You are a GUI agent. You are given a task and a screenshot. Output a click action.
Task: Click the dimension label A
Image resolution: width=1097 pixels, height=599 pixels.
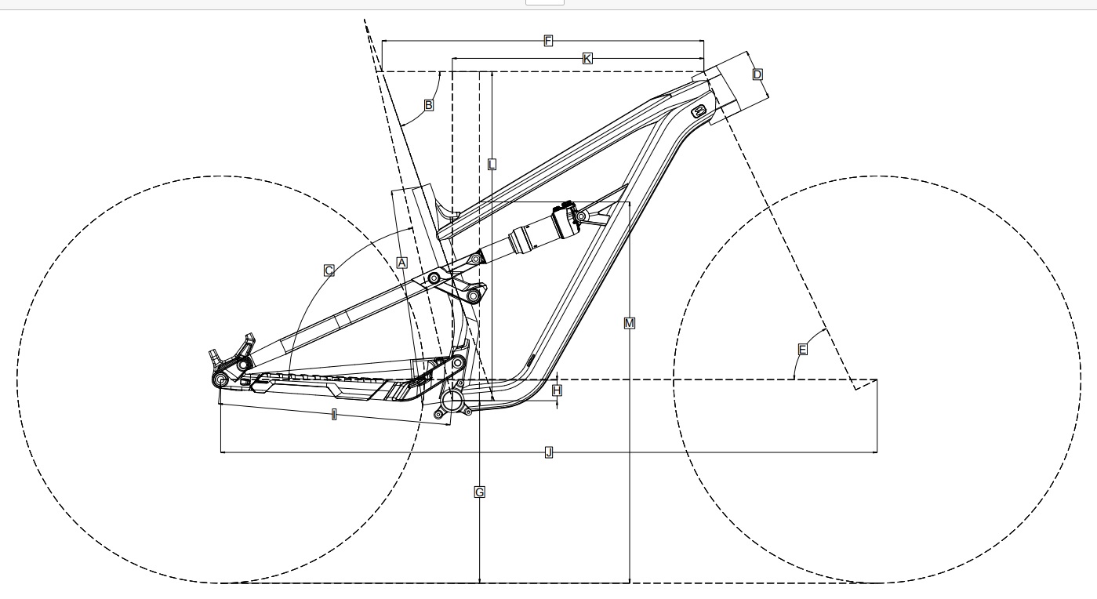[x=401, y=263]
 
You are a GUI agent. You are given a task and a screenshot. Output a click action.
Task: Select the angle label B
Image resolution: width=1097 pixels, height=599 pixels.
[x=429, y=104]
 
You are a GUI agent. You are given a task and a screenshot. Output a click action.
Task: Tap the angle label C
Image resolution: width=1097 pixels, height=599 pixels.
[x=329, y=270]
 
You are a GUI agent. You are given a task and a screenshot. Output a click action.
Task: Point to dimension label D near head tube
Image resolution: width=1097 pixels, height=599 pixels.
[x=757, y=74]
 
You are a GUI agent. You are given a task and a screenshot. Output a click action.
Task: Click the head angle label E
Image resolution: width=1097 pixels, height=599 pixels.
[x=802, y=350]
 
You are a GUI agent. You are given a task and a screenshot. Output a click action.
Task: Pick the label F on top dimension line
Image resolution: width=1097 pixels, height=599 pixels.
[x=548, y=41]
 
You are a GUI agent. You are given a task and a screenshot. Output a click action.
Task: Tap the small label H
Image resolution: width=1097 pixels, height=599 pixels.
[x=558, y=390]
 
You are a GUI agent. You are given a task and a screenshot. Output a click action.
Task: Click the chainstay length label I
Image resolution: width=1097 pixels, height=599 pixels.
[x=334, y=414]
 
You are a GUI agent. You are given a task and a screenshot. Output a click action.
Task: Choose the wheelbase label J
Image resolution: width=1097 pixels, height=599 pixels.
[x=549, y=452]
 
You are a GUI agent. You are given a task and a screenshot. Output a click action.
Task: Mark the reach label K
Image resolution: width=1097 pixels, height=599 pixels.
[x=587, y=58]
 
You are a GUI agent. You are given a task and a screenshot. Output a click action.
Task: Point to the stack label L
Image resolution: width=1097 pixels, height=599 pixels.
[x=492, y=165]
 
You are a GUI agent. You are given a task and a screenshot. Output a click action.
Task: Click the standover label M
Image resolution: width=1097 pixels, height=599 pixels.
[x=630, y=323]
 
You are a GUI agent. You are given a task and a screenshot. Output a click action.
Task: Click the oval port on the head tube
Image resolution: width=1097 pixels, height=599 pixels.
[x=699, y=111]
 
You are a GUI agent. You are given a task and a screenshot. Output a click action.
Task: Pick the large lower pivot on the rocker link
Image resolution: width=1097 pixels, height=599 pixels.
[x=474, y=296]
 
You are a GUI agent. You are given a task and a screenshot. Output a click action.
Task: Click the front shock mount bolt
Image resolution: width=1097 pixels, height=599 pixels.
[x=581, y=215]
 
